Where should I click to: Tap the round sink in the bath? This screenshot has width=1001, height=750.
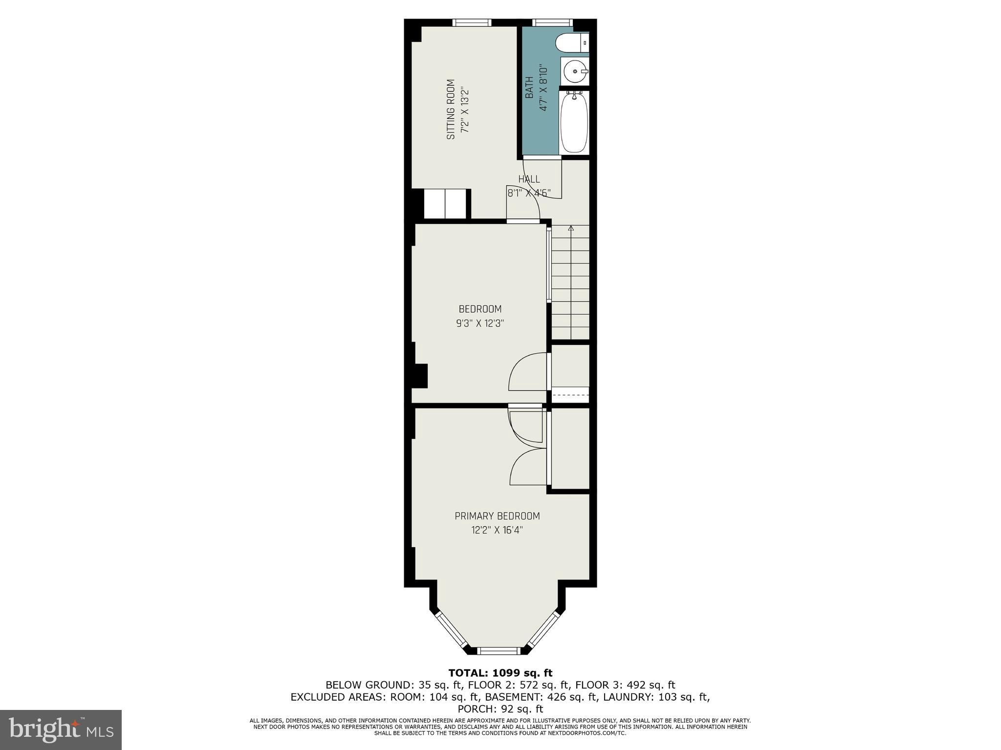click(x=574, y=71)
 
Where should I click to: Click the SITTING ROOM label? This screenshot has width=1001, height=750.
click(x=451, y=109)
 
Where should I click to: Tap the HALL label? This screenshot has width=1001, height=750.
click(x=529, y=179)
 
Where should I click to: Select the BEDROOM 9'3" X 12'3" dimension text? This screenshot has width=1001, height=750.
click(x=480, y=323)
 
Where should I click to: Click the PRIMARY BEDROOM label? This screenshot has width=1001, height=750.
click(x=497, y=516)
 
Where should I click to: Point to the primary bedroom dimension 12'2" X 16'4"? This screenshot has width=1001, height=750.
click(x=497, y=530)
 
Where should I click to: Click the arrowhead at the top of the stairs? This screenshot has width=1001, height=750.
click(x=571, y=227)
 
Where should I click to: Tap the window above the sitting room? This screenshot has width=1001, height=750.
click(x=472, y=22)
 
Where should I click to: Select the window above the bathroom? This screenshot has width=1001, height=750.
click(x=552, y=22)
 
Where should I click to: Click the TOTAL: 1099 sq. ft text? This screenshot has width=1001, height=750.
click(x=500, y=673)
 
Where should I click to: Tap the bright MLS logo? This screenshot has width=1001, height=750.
click(x=61, y=730)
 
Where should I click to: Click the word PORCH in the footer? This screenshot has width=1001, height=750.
click(x=474, y=709)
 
